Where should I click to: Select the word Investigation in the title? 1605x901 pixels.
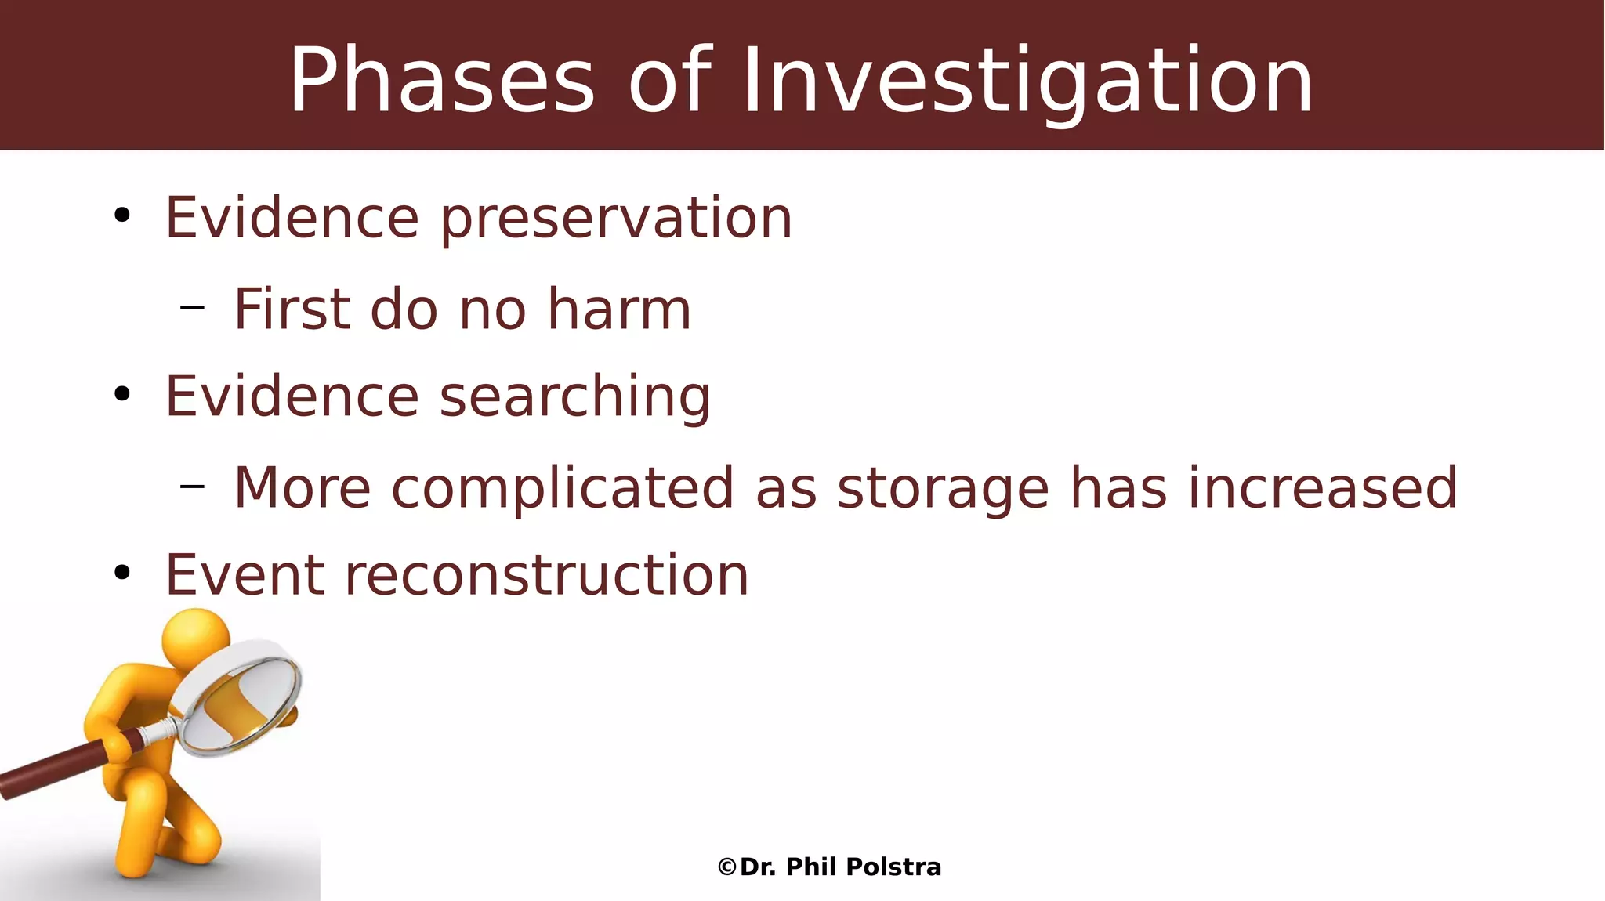click(x=1027, y=81)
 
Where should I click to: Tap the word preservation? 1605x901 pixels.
click(x=616, y=219)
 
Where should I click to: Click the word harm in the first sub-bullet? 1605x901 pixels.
click(x=619, y=309)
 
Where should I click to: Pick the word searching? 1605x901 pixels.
click(x=575, y=397)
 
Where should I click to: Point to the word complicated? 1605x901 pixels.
click(x=563, y=489)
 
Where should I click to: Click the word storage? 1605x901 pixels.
click(x=943, y=489)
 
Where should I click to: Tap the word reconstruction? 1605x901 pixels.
click(x=547, y=576)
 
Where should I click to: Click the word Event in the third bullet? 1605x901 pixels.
click(x=245, y=576)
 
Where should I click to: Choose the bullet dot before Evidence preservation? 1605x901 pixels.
click(x=121, y=215)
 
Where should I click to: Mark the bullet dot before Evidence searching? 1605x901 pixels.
click(x=121, y=394)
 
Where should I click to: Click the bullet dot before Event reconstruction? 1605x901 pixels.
click(x=121, y=573)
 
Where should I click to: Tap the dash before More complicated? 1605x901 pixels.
click(x=192, y=487)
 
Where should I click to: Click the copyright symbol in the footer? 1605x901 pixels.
click(x=726, y=867)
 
